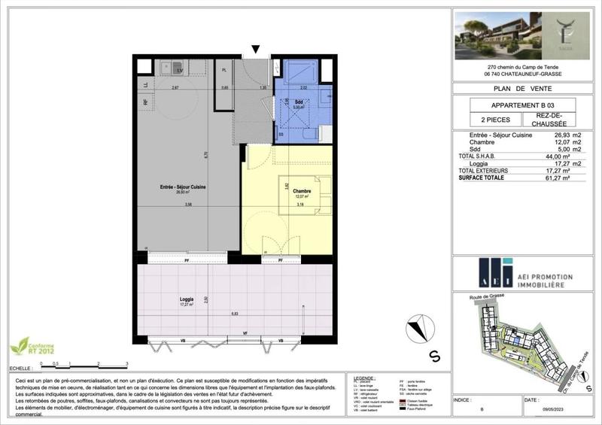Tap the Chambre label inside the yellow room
[x=302, y=192]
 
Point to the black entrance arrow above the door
[x=256, y=50]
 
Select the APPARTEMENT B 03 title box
[x=522, y=105]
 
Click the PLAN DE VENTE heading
[x=522, y=88]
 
